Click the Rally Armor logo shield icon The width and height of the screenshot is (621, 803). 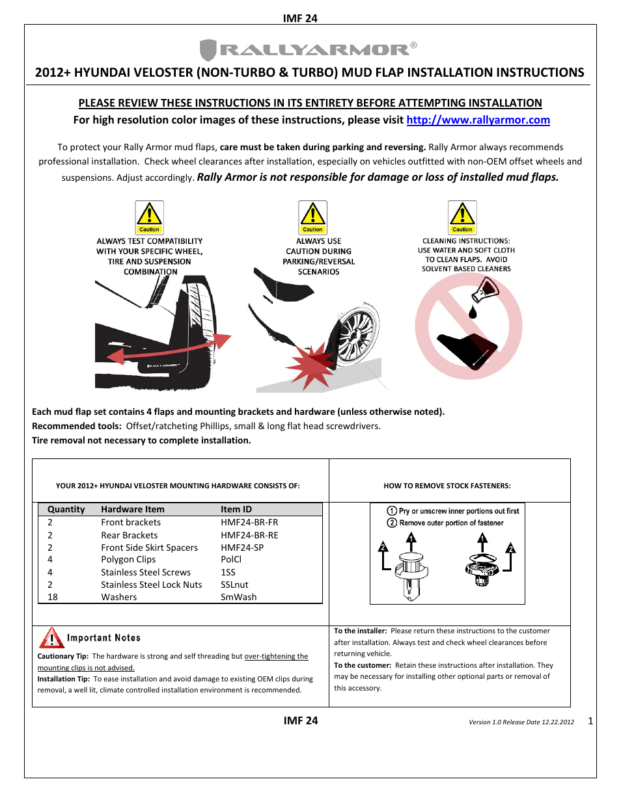tap(208, 50)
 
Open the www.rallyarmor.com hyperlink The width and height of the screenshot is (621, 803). tap(478, 120)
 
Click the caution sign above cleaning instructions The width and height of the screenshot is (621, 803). tap(462, 217)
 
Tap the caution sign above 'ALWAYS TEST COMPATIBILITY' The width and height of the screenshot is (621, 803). tap(149, 217)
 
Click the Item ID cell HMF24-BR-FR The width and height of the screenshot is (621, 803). tap(249, 522)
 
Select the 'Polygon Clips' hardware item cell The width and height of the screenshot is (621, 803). tap(128, 559)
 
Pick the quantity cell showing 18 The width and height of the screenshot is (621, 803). tap(53, 597)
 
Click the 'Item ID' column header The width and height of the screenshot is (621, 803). tap(236, 509)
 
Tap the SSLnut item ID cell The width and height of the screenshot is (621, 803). tap(234, 585)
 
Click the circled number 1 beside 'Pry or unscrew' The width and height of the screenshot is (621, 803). tap(392, 511)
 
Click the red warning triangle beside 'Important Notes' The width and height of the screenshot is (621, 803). tap(51, 638)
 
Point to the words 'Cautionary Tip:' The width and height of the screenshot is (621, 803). tap(62, 656)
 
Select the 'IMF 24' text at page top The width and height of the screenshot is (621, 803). tap(300, 18)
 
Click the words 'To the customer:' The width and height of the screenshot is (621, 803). tap(363, 665)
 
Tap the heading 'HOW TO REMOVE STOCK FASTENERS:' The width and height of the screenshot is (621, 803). tap(447, 486)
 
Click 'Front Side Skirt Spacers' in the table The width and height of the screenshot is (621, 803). tap(149, 547)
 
